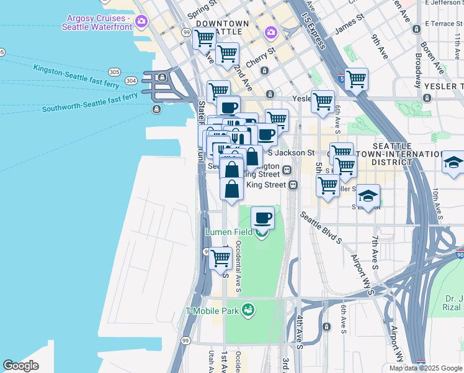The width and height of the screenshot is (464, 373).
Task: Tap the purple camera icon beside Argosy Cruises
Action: coord(141,22)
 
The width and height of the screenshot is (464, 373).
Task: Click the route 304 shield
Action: coord(131,81)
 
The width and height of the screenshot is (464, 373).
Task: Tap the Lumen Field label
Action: coord(229,233)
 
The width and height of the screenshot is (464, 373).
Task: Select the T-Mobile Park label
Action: coord(212,310)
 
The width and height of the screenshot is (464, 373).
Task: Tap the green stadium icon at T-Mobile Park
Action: coord(248,309)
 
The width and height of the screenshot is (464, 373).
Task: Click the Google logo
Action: coord(21,366)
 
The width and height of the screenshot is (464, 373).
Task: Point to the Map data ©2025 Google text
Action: coord(426,368)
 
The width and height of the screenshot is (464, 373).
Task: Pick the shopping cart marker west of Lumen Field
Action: coord(220,258)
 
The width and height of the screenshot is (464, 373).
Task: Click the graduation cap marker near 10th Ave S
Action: coord(453,163)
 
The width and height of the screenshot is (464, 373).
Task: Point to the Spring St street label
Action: coord(202,9)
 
